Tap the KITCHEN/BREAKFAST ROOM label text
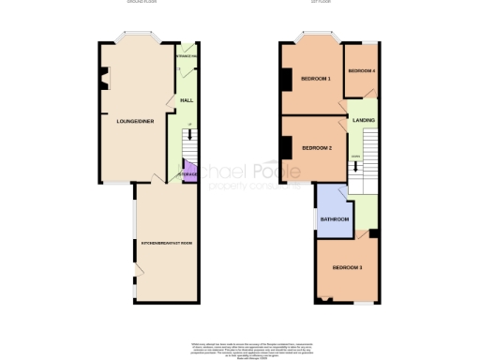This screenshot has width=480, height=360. tap(167, 244)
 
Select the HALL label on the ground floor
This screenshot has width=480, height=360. tap(187, 100)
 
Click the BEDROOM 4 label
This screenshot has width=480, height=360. tap(362, 71)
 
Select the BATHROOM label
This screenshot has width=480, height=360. tap(335, 219)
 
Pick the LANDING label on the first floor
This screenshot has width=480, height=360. tap(364, 120)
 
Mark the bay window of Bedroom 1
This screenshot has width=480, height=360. tap(312, 38)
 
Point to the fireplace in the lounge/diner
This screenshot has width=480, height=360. tap(103, 78)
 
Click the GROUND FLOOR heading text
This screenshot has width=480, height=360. tap(140, 3)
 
